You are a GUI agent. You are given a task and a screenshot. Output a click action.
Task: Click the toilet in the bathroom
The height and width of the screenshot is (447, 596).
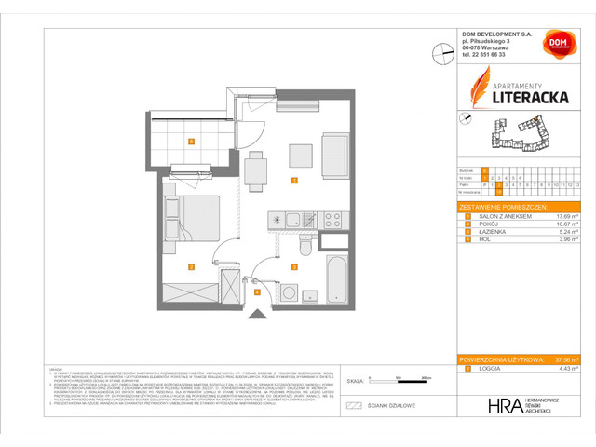coord(306,247)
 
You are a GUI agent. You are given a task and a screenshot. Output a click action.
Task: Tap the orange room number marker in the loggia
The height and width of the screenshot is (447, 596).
coord(190,142)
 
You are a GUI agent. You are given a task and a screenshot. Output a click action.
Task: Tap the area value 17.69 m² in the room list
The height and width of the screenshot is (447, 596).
coord(563,215)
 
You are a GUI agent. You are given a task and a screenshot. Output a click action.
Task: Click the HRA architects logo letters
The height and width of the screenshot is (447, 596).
coord(504,406)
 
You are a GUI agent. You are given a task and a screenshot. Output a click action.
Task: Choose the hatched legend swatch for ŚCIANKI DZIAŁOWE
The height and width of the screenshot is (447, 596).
coord(353,406)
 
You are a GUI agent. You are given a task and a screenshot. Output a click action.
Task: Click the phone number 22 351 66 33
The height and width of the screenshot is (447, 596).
coord(487,55)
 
